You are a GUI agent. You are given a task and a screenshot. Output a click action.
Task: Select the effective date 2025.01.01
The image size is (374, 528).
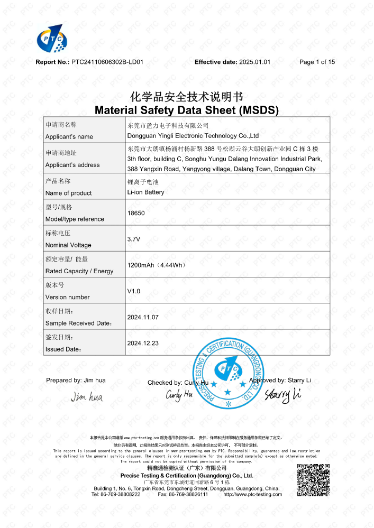tap(255, 62)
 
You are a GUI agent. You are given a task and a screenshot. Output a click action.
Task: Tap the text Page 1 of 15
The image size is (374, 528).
tap(317, 62)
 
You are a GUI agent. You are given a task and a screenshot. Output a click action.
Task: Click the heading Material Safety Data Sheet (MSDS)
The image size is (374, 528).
tap(186, 110)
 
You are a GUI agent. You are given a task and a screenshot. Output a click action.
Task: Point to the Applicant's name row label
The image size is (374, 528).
tap(69, 136)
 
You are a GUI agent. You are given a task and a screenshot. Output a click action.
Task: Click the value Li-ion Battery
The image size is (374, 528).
tap(146, 192)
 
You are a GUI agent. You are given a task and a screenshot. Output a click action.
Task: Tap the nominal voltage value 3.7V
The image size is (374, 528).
tap(134, 239)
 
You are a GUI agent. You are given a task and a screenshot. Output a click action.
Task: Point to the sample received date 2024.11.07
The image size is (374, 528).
tap(143, 317)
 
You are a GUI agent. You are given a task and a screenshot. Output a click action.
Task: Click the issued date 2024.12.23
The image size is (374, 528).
tap(143, 343)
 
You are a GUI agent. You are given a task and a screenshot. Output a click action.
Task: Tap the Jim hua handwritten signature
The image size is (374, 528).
tap(87, 396)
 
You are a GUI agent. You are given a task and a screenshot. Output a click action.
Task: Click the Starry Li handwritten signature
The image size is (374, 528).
tap(282, 394)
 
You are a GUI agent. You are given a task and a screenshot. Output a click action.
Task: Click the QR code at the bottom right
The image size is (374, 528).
tap(313, 480)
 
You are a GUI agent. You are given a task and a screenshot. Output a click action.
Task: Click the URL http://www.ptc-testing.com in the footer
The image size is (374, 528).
tap(253, 495)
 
